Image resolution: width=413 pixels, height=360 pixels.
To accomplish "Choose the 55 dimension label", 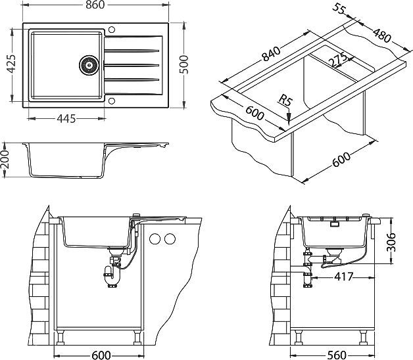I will (339, 9).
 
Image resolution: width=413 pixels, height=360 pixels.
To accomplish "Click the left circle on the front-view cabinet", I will (156, 238).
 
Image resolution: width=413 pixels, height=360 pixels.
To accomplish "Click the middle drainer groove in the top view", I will (132, 64).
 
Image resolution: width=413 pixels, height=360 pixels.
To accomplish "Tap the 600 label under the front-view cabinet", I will (100, 355).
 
